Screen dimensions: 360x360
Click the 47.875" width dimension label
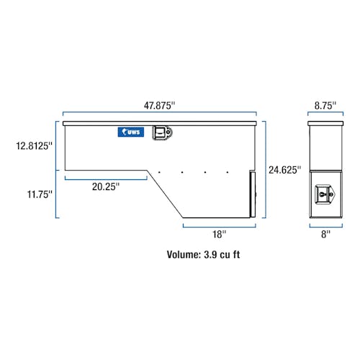click(x=160, y=106)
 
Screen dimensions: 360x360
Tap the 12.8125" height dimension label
click(x=34, y=145)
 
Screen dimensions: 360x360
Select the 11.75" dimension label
click(x=40, y=194)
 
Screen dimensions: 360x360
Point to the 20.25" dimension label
click(x=106, y=186)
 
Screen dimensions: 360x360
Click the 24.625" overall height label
click(x=284, y=170)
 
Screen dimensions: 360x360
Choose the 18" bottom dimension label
click(x=219, y=234)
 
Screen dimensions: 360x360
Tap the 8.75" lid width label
click(x=325, y=106)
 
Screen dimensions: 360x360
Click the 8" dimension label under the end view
click(x=325, y=234)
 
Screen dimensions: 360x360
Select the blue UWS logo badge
click(x=131, y=132)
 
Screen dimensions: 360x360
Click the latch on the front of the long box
click(x=162, y=132)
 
